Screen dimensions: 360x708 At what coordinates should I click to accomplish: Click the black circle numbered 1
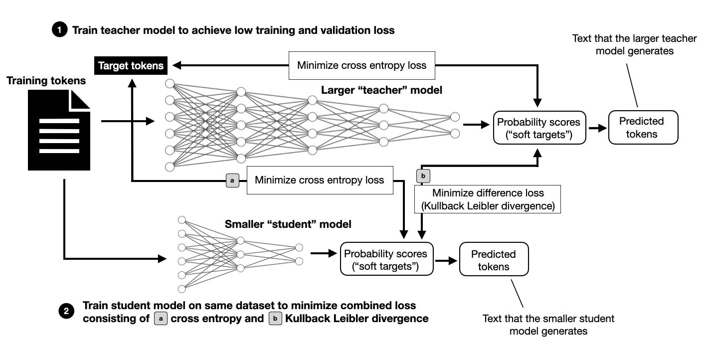point(59,30)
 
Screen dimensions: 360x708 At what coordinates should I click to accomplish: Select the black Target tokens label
point(131,65)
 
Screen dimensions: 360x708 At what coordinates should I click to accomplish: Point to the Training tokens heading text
point(46,80)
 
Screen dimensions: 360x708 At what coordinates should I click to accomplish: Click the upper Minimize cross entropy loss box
point(361,65)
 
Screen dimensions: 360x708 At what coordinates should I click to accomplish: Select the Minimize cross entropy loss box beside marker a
point(319,180)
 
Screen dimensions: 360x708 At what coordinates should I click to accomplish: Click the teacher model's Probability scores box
point(538,128)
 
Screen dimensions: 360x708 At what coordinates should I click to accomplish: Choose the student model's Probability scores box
point(386,259)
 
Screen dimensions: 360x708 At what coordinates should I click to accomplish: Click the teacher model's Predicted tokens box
point(643,128)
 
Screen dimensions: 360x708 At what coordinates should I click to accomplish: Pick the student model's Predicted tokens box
point(494,259)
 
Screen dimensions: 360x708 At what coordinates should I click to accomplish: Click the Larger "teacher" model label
point(381,90)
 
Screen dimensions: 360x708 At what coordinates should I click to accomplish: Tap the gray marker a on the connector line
point(232,180)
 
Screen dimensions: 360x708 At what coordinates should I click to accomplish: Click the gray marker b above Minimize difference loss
point(422,176)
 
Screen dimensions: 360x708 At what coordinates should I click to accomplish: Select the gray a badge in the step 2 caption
point(161,318)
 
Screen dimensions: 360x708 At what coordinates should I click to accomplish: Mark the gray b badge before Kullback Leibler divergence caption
point(275,318)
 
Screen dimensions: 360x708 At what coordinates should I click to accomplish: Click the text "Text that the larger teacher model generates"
point(634,45)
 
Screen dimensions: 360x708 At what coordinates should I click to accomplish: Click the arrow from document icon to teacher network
point(127,121)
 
